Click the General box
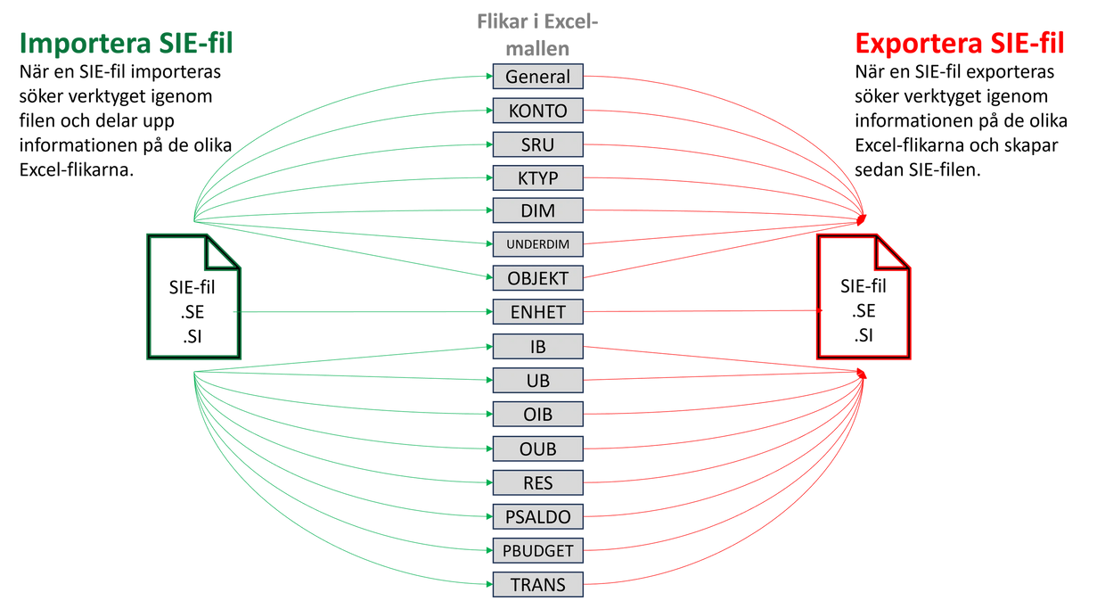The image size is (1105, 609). [x=537, y=77]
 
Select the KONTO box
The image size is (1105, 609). [x=537, y=111]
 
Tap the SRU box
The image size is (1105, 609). [x=537, y=144]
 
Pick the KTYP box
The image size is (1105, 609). [x=537, y=178]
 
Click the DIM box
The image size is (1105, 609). [x=537, y=211]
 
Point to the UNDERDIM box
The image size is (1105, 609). [x=537, y=244]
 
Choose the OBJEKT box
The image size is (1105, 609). [x=537, y=278]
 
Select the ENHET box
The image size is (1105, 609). [x=537, y=312]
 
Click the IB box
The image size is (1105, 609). [x=537, y=347]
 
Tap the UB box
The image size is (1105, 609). [x=537, y=381]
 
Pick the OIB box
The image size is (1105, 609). [x=537, y=415]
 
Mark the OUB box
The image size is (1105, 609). [x=537, y=449]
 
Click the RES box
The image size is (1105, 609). [x=537, y=483]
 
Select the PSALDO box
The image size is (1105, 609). [x=537, y=517]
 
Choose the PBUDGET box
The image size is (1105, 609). [x=537, y=551]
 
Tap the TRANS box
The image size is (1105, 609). [x=537, y=585]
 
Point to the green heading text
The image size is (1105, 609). [x=126, y=43]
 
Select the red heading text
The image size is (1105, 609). [x=959, y=43]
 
